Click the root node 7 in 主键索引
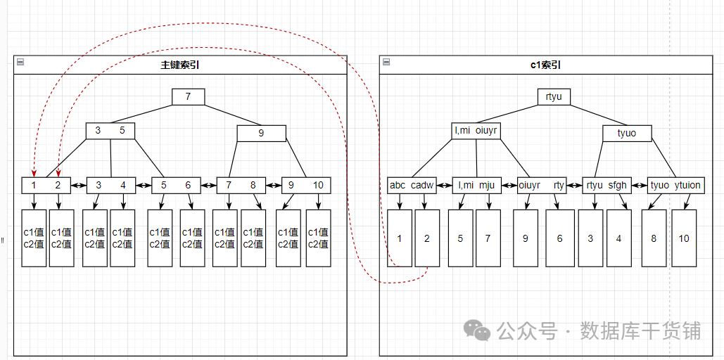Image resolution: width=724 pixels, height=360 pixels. [x=188, y=97]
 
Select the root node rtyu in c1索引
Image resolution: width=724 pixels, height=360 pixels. [x=554, y=97]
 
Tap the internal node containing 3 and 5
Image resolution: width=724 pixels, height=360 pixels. [x=110, y=130]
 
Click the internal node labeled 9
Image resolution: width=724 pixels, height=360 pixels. [x=261, y=133]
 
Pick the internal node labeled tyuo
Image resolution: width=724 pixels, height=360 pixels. [x=626, y=133]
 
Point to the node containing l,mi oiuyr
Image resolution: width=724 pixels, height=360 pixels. [x=476, y=130]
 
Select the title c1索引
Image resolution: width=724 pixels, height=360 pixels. [x=545, y=65]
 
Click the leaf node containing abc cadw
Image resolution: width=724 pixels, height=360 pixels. [x=412, y=185]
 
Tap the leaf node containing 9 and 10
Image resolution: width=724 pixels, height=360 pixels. [x=306, y=185]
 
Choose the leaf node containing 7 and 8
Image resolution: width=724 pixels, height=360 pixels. [x=241, y=185]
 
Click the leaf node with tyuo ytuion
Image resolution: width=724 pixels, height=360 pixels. [x=675, y=185]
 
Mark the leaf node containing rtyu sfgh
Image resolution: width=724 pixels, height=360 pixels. [x=606, y=185]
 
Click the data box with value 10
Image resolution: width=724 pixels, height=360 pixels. [x=683, y=238]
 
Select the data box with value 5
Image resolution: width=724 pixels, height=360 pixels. [x=460, y=238]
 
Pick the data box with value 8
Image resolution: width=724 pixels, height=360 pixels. [x=654, y=238]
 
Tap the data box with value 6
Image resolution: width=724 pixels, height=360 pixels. [x=559, y=238]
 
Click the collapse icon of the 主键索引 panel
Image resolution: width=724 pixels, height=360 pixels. [x=20, y=63]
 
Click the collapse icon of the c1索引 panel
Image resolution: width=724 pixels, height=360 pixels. [x=386, y=63]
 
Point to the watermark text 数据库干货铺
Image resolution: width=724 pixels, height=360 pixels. [x=640, y=330]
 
